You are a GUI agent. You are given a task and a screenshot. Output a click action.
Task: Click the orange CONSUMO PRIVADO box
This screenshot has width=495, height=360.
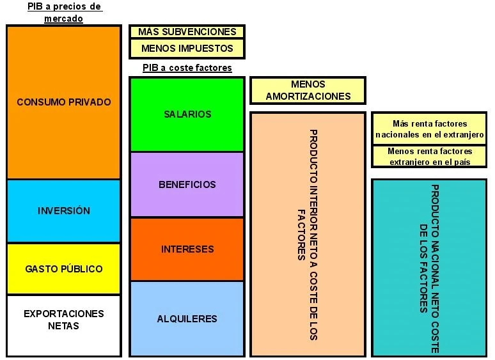tap(63, 102)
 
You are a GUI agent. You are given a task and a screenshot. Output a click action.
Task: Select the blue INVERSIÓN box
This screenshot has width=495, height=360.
tap(63, 211)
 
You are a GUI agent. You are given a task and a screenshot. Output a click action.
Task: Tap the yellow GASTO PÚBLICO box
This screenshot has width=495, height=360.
tap(63, 269)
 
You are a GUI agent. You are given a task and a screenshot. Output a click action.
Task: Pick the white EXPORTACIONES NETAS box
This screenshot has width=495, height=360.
tap(63, 325)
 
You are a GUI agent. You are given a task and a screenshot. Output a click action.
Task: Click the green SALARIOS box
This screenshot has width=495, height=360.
tap(187, 114)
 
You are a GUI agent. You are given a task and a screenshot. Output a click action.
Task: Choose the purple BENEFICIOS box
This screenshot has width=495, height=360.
tap(187, 185)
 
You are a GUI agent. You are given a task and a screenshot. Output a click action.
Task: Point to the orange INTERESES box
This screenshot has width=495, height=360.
tap(187, 249)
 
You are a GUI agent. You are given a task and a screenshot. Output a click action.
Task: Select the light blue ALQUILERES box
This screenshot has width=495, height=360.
tap(187, 318)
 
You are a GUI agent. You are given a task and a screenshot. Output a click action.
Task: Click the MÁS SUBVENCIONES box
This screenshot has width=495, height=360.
tap(187, 31)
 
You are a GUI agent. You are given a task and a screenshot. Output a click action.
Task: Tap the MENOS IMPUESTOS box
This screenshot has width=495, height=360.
tap(187, 49)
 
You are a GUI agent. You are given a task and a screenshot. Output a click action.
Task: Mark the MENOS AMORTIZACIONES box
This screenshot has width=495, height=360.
tap(308, 90)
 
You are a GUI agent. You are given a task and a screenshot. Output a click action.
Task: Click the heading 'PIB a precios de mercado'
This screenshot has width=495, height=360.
tap(64, 12)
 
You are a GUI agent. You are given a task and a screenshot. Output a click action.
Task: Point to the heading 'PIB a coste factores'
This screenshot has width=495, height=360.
tap(187, 68)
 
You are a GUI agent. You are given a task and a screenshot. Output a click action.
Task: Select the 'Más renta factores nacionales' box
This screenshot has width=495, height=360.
tap(429, 129)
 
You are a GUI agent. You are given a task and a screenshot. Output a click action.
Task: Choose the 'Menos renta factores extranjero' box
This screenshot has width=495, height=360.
tap(429, 157)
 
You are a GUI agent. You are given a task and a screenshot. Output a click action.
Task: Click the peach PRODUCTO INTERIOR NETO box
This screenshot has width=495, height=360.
tap(308, 234)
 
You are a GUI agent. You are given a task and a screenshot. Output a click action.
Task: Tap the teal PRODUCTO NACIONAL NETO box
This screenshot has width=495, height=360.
tap(429, 267)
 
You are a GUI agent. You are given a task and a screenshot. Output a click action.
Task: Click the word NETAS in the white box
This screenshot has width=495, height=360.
tap(63, 326)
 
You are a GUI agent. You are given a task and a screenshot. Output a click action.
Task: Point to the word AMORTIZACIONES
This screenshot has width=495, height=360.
tap(308, 97)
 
